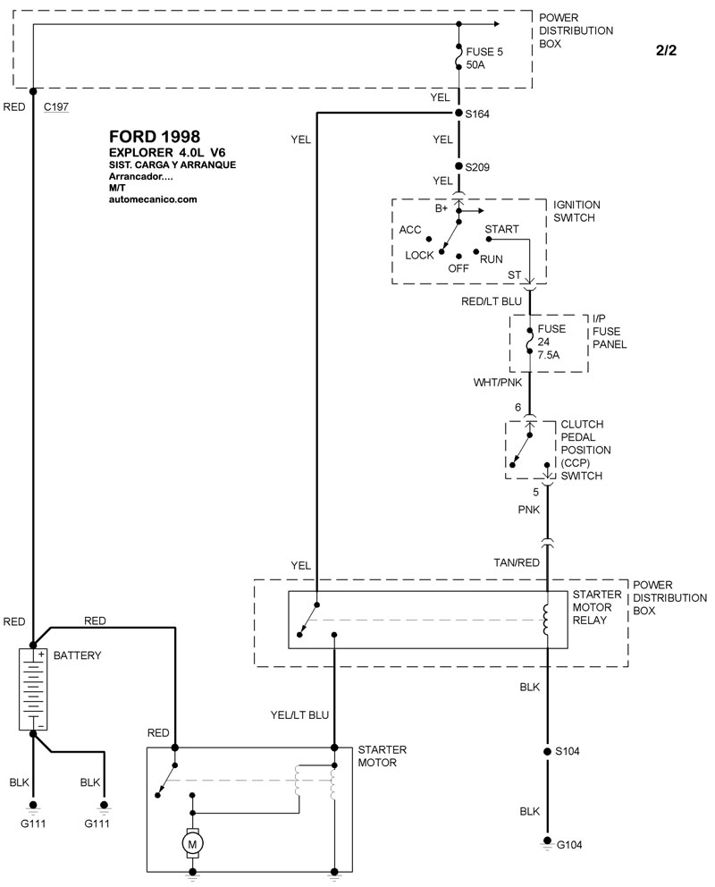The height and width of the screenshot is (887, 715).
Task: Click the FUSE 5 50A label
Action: (485, 59)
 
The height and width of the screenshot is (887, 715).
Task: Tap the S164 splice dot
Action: (458, 114)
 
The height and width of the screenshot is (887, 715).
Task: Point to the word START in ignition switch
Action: (501, 230)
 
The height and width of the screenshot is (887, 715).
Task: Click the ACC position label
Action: (410, 230)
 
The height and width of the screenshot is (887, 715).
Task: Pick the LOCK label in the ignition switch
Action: (419, 255)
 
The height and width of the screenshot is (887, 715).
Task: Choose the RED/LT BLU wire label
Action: (492, 301)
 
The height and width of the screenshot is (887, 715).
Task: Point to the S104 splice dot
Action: (547, 751)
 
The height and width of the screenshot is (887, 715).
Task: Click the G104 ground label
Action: (569, 845)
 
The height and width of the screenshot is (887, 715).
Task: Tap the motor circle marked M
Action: (191, 841)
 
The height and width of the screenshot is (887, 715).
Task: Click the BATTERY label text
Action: (78, 655)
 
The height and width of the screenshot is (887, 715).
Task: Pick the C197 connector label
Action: (56, 106)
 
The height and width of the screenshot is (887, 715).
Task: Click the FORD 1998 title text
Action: (149, 137)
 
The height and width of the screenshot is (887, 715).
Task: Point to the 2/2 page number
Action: (666, 50)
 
